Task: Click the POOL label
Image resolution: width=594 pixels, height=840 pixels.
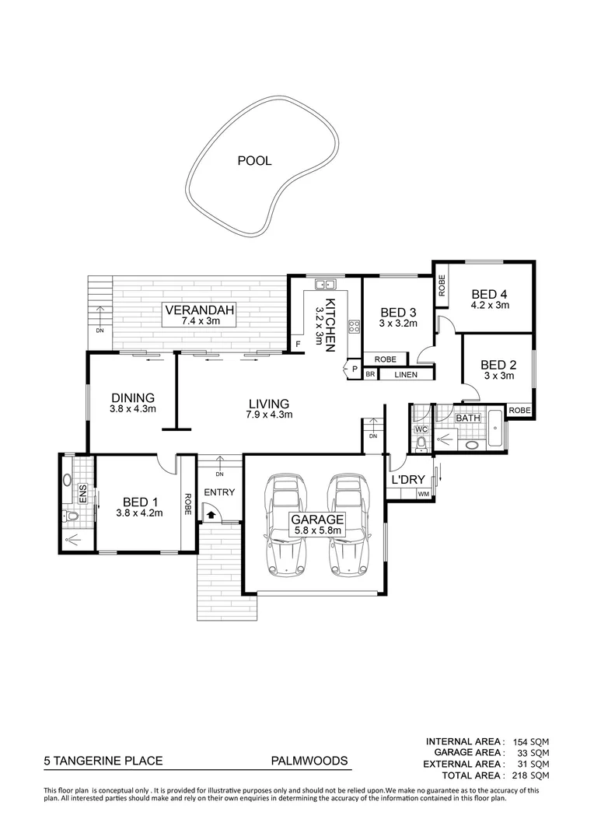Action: pos(253,161)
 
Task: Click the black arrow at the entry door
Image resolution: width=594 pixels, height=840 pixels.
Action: pos(210,513)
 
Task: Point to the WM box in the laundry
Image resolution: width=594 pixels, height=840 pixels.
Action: pos(424,494)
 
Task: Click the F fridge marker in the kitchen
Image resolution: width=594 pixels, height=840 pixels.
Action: pos(296,343)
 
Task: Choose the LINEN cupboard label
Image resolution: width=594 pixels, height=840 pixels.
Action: pos(405,375)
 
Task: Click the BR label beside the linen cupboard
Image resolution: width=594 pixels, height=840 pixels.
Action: pos(371,375)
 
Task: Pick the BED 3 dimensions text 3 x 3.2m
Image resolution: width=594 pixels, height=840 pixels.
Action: pos(399,323)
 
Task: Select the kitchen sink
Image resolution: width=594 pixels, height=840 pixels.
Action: pos(324,284)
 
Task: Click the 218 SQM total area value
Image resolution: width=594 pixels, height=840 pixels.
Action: pos(531,775)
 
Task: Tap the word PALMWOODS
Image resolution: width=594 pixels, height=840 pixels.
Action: pos(309,762)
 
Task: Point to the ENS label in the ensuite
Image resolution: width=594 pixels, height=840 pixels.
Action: pos(81,492)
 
